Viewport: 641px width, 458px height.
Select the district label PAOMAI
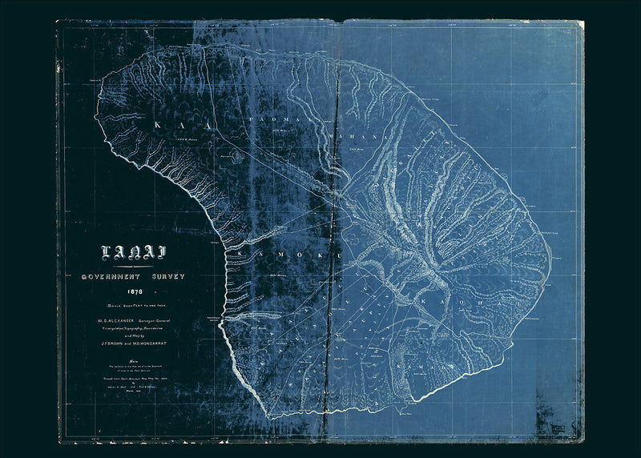click(x=274, y=118)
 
